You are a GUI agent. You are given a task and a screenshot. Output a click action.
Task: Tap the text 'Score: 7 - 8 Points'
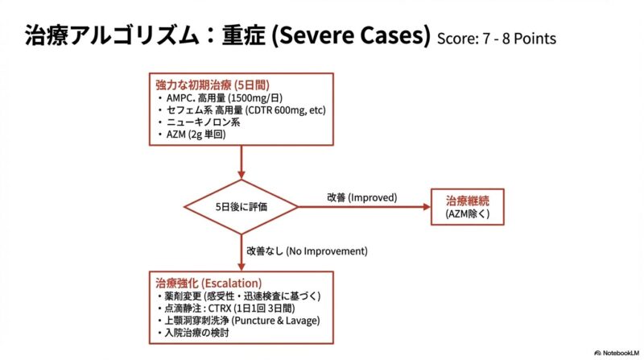coord(496,39)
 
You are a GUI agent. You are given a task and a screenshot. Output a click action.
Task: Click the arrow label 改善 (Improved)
coord(362,197)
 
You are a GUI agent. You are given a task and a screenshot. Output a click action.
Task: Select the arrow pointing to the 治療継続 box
coord(362,207)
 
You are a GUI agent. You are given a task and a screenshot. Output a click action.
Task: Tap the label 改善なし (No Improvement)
coord(306,250)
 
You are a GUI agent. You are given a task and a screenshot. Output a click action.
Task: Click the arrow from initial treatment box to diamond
coord(241,163)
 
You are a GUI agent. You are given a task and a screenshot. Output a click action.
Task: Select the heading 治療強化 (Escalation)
coord(208,283)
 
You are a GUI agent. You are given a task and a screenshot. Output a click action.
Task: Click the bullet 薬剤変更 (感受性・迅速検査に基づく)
coord(242,296)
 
